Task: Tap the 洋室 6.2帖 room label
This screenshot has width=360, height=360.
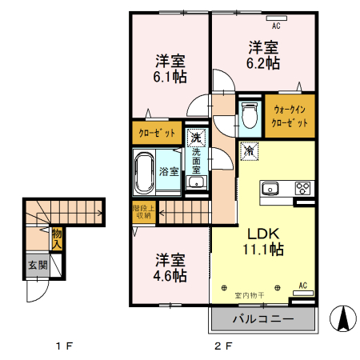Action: (262, 54)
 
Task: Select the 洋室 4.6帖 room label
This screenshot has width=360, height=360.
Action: (171, 267)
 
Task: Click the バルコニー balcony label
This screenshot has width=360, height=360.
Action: (262, 320)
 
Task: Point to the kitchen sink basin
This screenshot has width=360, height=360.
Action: (270, 189)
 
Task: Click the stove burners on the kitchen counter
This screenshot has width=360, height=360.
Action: (303, 189)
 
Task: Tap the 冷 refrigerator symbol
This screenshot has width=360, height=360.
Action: (249, 150)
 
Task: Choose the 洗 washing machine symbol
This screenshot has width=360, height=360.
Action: (195, 136)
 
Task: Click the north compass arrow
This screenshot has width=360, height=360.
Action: (343, 319)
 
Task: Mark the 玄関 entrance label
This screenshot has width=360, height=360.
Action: (38, 265)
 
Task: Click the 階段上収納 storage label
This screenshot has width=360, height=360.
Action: (142, 211)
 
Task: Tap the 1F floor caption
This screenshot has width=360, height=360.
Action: (64, 347)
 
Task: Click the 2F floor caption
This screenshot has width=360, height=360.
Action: (223, 347)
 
